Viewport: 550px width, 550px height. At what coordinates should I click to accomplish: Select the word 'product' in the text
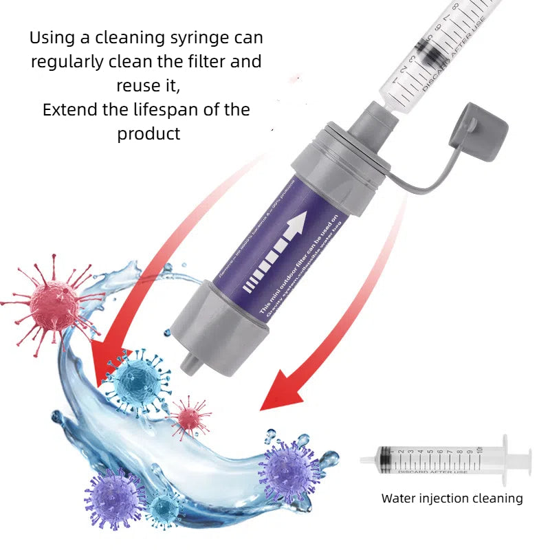click(x=148, y=133)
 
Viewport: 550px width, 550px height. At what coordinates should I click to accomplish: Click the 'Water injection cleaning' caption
click(x=452, y=498)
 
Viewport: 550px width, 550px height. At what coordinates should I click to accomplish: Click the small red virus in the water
click(x=189, y=417)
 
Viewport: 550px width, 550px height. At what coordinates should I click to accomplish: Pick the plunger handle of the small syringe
click(x=527, y=459)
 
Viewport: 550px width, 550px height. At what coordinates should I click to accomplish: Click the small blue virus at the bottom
click(x=165, y=509)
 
